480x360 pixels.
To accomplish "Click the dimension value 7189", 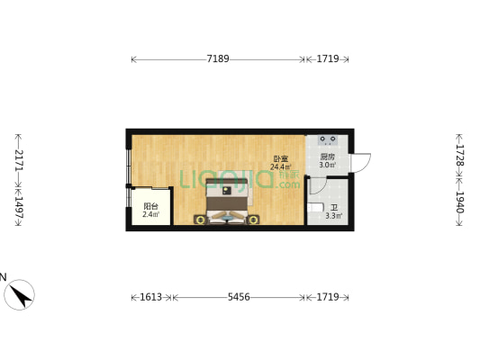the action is (x=218, y=58).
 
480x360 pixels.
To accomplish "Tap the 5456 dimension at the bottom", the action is (x=239, y=297).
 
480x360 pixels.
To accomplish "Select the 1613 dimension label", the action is (x=151, y=297).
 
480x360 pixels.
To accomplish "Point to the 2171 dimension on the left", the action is (x=19, y=159).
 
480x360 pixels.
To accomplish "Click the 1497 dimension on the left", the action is (x=19, y=207).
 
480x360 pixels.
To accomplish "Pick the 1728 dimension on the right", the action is (x=460, y=155).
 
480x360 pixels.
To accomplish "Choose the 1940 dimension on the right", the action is (x=460, y=202).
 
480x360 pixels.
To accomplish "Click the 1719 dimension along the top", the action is (x=328, y=58).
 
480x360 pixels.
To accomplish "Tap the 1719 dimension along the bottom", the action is (x=328, y=297).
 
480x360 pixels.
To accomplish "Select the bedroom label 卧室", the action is (x=281, y=159).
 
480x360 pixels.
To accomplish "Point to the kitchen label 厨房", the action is (x=327, y=157).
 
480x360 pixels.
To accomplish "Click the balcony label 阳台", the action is (x=150, y=206).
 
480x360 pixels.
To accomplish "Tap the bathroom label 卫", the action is (x=334, y=208).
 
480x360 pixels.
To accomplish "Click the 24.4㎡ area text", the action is (x=281, y=167).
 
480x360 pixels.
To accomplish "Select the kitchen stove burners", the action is (x=328, y=139).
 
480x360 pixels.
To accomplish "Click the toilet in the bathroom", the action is (x=315, y=208).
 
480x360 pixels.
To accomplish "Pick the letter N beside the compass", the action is (x=3, y=277).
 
